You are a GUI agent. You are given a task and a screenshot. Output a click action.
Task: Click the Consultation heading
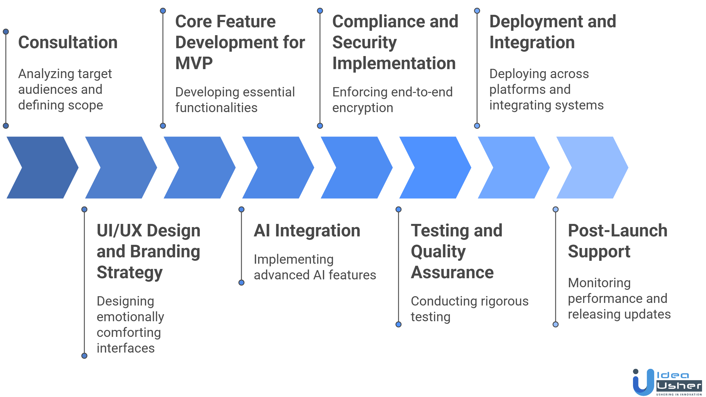pos(68,42)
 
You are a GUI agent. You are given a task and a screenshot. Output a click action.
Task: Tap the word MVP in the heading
pos(194,63)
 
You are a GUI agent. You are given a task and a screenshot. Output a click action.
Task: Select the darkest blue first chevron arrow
pos(42,168)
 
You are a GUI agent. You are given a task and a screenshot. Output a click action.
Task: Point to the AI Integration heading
pos(307,231)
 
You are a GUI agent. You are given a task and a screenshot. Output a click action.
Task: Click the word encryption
pos(363,108)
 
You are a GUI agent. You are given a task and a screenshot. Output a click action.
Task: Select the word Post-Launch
pos(618,231)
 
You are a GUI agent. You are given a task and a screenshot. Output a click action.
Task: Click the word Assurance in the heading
pos(452,272)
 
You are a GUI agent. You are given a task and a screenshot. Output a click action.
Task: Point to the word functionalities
pos(216,108)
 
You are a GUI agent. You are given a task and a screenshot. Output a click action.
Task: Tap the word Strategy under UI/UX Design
pos(129,272)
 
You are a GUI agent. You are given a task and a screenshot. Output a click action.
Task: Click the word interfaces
pos(126,348)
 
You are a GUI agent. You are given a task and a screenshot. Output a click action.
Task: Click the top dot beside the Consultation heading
pos(6,32)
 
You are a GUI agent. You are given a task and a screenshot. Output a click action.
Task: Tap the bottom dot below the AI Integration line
pos(241,283)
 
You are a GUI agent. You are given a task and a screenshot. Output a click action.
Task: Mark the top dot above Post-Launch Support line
pos(556,209)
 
